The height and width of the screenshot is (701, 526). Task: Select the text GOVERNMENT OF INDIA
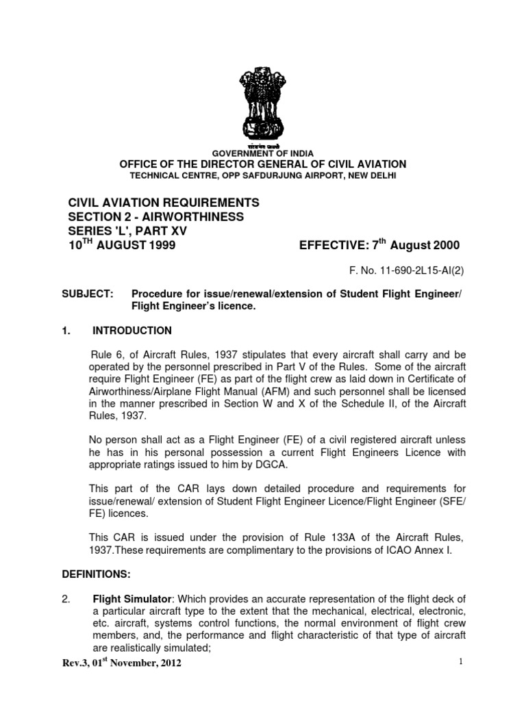(262, 153)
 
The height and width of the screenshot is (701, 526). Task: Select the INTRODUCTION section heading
(132, 331)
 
